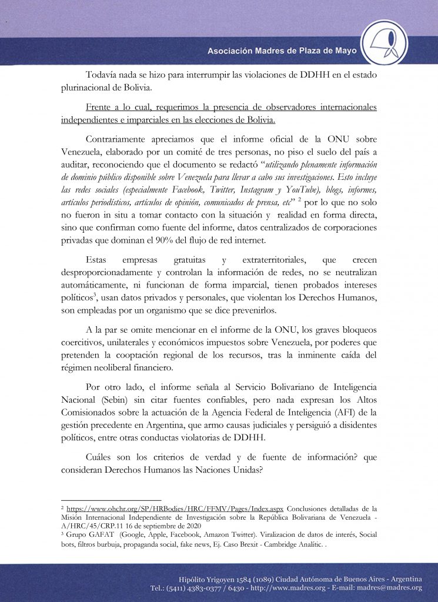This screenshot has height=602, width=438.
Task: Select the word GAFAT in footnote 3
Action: (x=99, y=534)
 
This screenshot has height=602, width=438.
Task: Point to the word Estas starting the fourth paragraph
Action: (x=97, y=259)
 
